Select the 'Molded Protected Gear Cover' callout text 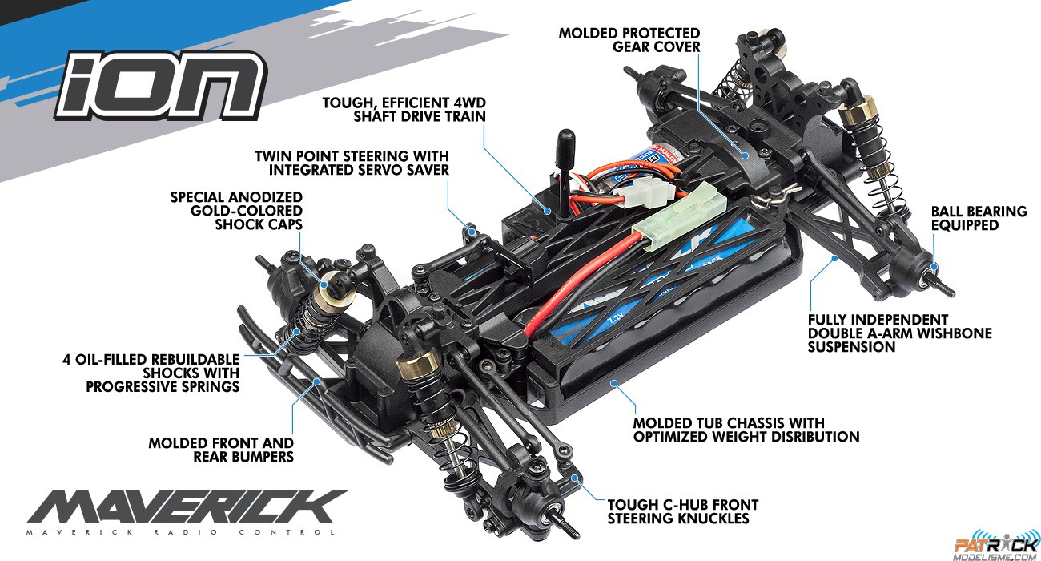pyautogui.click(x=629, y=40)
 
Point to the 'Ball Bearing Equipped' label pyautogui.click(x=979, y=218)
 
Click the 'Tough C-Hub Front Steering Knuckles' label pyautogui.click(x=683, y=511)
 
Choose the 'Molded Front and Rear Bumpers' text pyautogui.click(x=221, y=450)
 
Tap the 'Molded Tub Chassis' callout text pyautogui.click(x=746, y=430)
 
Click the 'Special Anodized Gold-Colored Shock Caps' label pyautogui.click(x=236, y=211)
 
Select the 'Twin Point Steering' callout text pyautogui.click(x=352, y=163)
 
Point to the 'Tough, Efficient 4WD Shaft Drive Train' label pyautogui.click(x=404, y=109)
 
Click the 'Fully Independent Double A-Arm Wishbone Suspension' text pyautogui.click(x=900, y=333)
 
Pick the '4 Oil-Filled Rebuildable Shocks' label pyautogui.click(x=151, y=373)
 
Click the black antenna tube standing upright pyautogui.click(x=565, y=172)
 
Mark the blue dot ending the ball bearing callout pyautogui.click(x=933, y=266)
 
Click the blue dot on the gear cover pyautogui.click(x=745, y=155)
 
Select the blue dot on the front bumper pyautogui.click(x=317, y=381)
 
